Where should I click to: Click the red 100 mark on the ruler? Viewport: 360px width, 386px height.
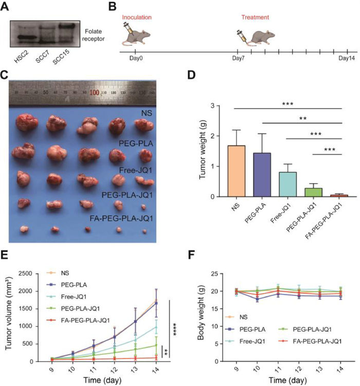[x=95, y=93]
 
